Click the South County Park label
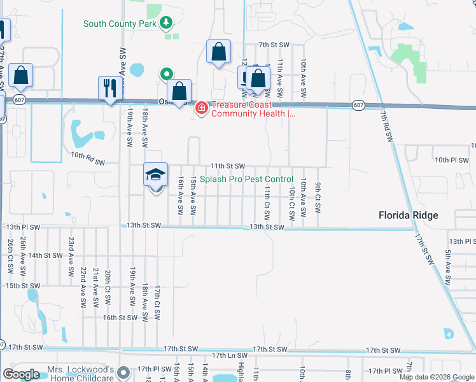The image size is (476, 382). point(120,24)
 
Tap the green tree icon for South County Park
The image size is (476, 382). point(166,24)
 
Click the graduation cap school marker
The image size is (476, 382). point(155,176)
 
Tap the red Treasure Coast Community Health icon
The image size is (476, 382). point(202,108)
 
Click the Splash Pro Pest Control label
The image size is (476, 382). point(246,180)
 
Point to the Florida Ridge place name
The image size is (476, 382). point(408,215)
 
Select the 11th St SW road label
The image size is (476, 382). point(228,166)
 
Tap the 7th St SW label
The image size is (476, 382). point(274,45)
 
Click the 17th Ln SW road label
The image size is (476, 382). point(228,355)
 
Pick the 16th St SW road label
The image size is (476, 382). point(120,317)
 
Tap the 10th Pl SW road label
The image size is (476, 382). point(451,159)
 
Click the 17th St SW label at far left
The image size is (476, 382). point(25,348)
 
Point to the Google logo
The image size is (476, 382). point(21,374)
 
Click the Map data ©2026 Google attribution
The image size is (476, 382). point(436,376)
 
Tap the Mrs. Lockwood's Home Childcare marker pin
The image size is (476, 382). point(125,371)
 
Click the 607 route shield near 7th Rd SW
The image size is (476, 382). point(358,105)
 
